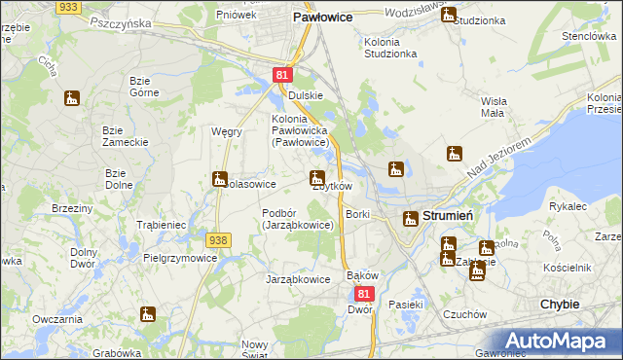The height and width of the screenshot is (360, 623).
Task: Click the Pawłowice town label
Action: (322, 18)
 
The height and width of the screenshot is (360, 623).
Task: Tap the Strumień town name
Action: (448, 216)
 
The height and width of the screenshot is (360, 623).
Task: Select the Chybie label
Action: (560, 304)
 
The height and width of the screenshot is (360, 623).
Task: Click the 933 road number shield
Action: (68, 6)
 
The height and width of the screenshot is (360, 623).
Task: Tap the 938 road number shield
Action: (218, 239)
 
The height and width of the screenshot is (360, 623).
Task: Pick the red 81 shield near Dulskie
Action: (280, 74)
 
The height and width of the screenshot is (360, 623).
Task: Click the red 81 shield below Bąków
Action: (364, 293)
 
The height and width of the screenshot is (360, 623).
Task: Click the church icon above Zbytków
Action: (316, 178)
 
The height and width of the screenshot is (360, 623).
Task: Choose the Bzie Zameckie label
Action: (126, 135)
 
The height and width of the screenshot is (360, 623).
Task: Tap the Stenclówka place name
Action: (585, 35)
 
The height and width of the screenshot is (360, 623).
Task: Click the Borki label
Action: (357, 213)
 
